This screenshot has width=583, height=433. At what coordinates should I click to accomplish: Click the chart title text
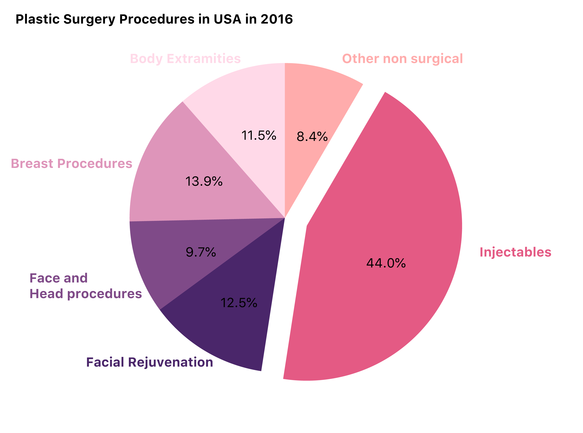[154, 19]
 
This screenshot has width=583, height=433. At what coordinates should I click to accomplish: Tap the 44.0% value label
[386, 263]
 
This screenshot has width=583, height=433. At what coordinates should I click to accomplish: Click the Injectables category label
[515, 252]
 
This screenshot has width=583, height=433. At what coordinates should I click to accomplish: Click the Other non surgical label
[402, 59]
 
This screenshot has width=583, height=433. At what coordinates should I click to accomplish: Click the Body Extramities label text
[185, 59]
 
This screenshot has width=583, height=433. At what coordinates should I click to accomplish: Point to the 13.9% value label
[204, 181]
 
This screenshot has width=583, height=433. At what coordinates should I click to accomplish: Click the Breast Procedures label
[71, 163]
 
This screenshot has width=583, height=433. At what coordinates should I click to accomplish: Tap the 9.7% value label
[201, 252]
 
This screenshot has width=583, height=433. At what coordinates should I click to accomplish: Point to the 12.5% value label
[239, 303]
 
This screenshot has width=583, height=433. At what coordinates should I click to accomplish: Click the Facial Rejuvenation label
[150, 362]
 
